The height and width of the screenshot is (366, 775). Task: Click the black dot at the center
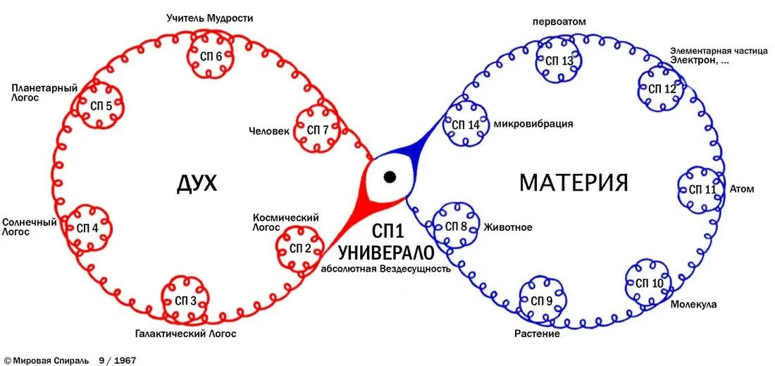(x=389, y=176)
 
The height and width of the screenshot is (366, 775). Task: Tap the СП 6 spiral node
(x=209, y=56)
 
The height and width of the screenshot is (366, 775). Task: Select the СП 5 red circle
(x=101, y=106)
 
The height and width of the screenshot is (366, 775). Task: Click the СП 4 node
(x=87, y=228)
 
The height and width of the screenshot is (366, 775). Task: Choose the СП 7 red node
(x=317, y=130)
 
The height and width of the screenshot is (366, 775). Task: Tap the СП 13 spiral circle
(x=559, y=61)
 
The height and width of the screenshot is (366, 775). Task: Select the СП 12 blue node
(x=662, y=89)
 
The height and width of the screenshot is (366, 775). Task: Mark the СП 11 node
(x=702, y=189)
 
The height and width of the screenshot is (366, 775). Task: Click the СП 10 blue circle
(x=649, y=283)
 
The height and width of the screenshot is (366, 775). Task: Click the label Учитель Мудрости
(x=210, y=18)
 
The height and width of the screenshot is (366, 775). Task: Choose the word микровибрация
(x=533, y=124)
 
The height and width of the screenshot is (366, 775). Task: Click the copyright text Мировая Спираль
(x=49, y=360)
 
